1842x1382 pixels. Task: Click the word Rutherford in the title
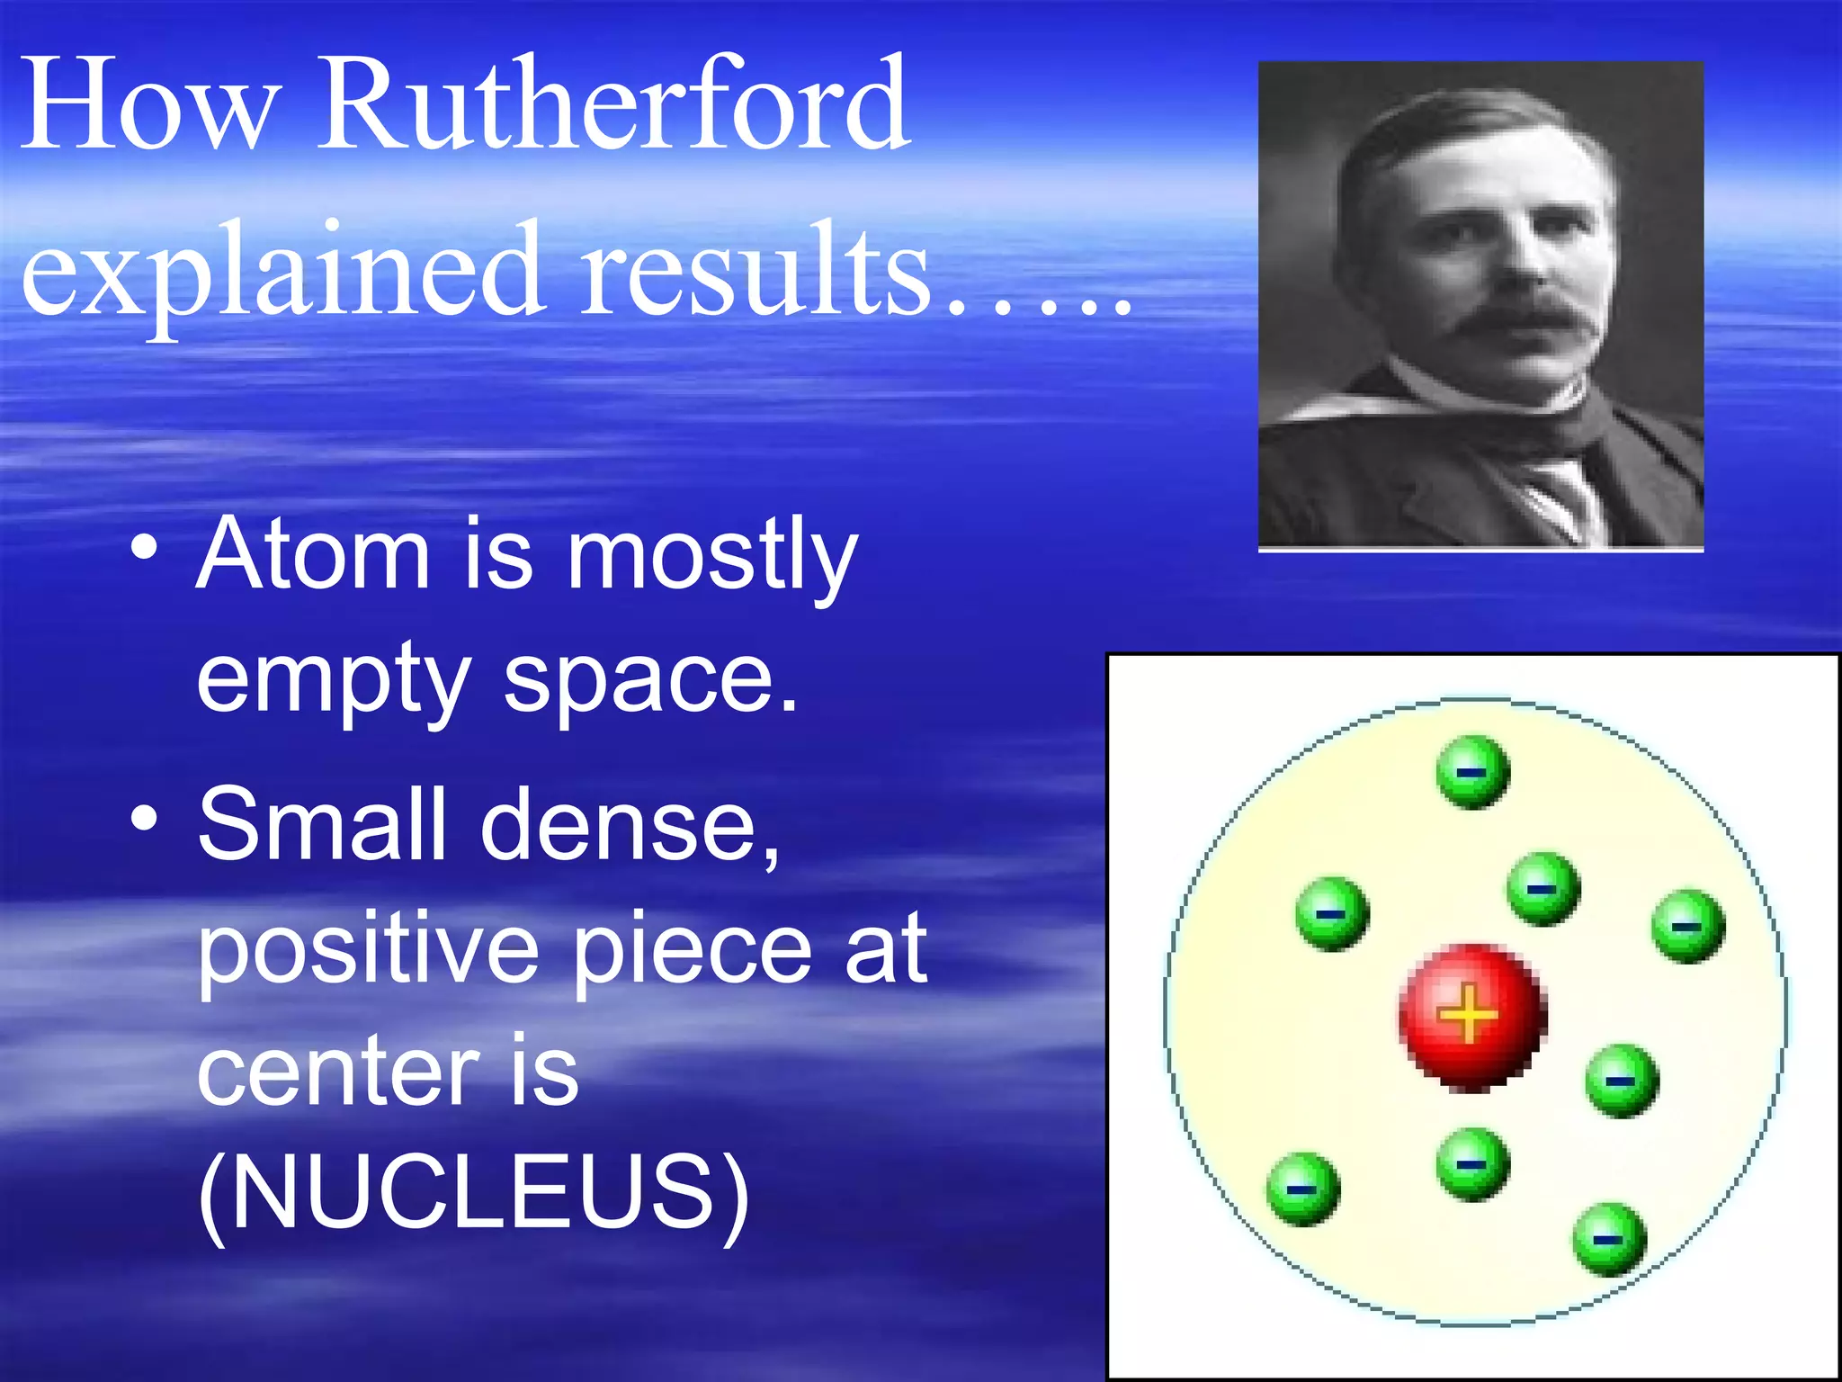click(613, 106)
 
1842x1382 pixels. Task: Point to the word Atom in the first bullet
click(313, 555)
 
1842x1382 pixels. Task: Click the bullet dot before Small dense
click(145, 820)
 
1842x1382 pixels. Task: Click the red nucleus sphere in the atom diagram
click(1472, 1017)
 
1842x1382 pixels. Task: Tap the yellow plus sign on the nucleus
click(1468, 1014)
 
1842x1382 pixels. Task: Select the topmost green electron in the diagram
click(1472, 772)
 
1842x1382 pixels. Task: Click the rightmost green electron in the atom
click(1688, 927)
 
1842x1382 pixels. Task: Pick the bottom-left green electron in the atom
click(1303, 1189)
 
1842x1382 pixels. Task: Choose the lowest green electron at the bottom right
click(1609, 1239)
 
